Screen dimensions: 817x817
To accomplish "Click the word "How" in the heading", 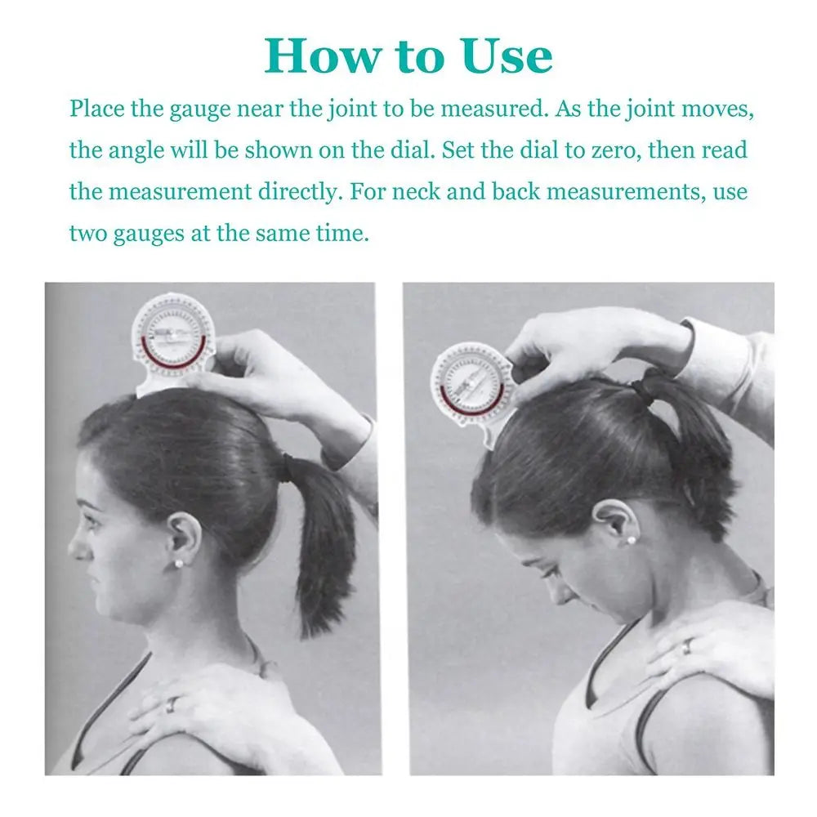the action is pyautogui.click(x=323, y=56).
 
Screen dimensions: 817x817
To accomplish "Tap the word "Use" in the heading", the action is pyautogui.click(x=507, y=56).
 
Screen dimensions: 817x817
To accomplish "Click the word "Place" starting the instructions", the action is pyautogui.click(x=97, y=109).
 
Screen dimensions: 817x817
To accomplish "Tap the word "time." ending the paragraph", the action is pyautogui.click(x=342, y=233).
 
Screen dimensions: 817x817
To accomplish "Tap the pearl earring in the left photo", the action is pyautogui.click(x=179, y=563).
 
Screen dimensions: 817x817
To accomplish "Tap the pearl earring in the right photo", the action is pyautogui.click(x=632, y=540).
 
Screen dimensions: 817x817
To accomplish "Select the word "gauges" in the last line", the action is pyautogui.click(x=149, y=234).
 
